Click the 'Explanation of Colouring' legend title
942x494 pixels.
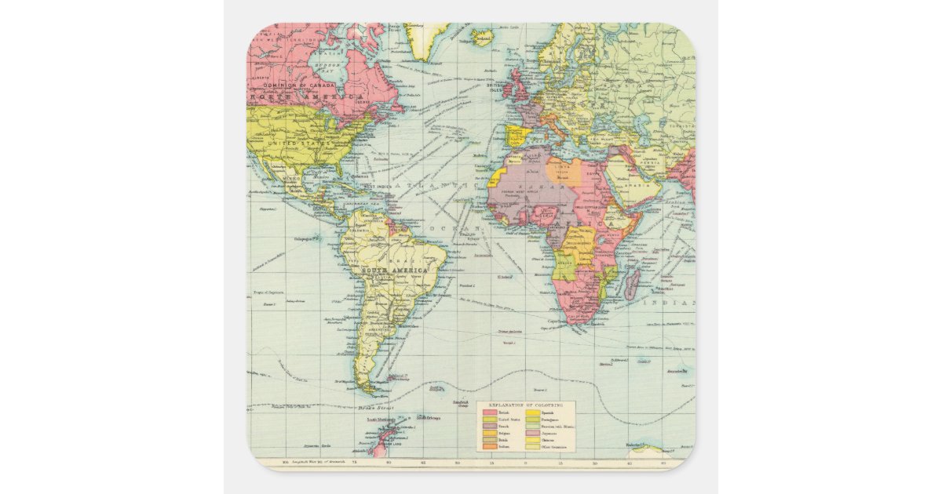[x=526, y=405]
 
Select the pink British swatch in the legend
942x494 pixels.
[x=490, y=412]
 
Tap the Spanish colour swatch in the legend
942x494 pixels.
[x=533, y=412]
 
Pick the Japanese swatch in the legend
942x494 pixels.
[x=533, y=434]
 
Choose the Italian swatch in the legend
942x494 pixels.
[x=490, y=446]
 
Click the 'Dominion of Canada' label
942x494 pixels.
[x=298, y=85]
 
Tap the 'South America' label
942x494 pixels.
[x=392, y=271]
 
